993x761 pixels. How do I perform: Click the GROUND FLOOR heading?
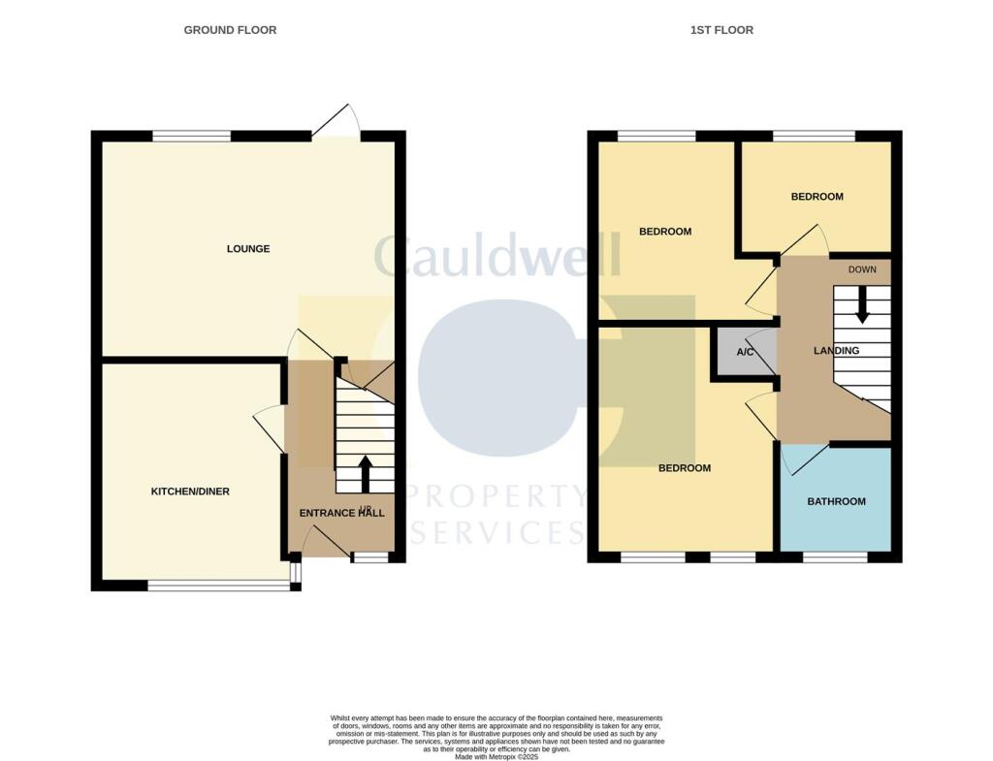click(x=230, y=30)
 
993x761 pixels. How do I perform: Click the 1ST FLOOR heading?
click(x=721, y=30)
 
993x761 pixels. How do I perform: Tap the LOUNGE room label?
click(x=248, y=249)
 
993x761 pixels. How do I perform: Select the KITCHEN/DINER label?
click(x=190, y=491)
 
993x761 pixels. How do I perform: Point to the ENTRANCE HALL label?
click(x=340, y=513)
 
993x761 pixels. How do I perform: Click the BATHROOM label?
click(x=836, y=502)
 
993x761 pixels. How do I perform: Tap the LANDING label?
click(x=836, y=351)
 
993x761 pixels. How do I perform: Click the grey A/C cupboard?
click(x=745, y=352)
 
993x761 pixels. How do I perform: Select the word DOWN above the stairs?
click(x=862, y=270)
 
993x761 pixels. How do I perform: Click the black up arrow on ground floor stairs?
click(x=365, y=474)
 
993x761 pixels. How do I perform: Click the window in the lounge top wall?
click(x=191, y=136)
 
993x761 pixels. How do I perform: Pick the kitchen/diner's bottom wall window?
click(x=217, y=585)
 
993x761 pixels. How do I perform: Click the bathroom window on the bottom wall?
click(x=835, y=557)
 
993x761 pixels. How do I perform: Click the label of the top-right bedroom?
click(x=817, y=197)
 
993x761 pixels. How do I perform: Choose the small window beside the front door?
click(x=368, y=557)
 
